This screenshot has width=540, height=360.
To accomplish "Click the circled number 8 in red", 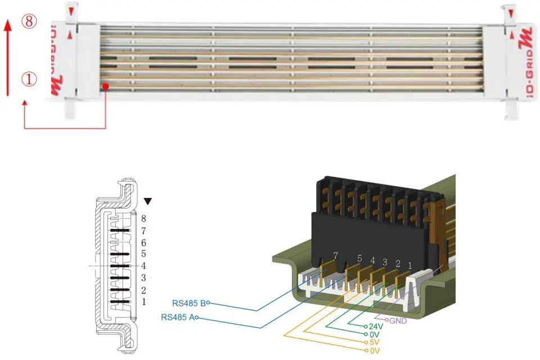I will pos(29,22).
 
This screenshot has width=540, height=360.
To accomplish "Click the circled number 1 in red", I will pos(29,79).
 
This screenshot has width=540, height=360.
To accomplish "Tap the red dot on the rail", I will pos(106,86).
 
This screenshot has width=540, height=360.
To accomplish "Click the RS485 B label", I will pos(188,302).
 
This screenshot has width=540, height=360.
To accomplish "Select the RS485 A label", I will pos(178,317).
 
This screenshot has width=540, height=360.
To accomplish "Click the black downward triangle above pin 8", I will pos(148,201).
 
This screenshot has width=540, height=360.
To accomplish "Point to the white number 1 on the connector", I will pos(410,264).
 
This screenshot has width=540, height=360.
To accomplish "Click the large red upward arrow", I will pos(7,56).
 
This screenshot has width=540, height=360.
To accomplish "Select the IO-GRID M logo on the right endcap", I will pos(526,62).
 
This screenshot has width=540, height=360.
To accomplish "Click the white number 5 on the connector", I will pos(359,259).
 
